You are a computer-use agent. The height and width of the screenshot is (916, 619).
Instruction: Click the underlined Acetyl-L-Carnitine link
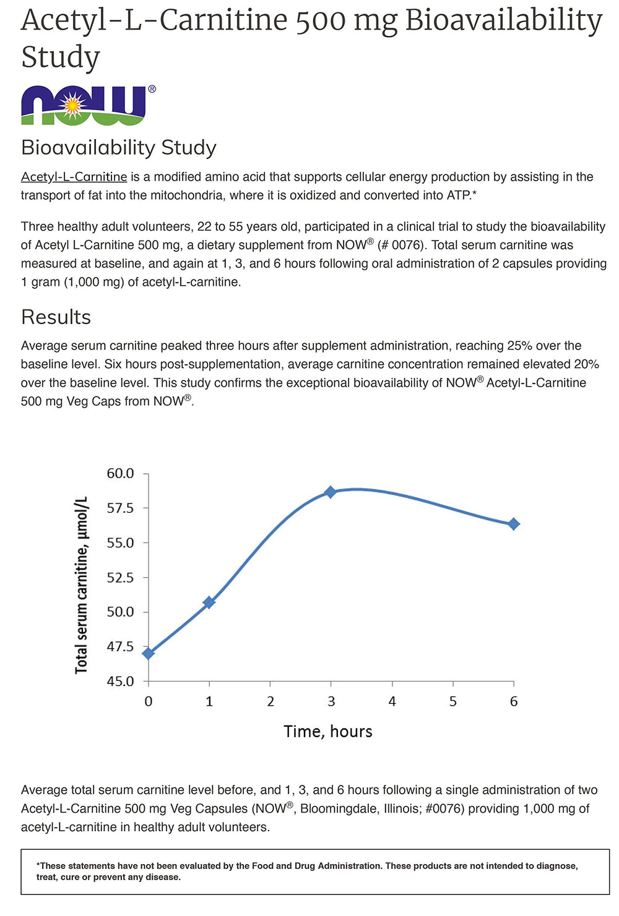74,177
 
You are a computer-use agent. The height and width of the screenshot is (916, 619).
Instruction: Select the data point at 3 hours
331,492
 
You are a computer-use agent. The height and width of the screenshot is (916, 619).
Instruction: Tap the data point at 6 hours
513,524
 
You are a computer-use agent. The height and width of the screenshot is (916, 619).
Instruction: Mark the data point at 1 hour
209,602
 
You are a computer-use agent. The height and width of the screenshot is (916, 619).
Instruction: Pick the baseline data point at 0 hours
149,653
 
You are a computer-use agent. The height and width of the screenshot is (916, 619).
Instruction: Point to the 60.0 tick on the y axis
120,474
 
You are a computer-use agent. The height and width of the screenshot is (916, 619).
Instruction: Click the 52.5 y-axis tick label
120,578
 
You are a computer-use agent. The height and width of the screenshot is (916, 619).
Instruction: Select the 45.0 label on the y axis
120,682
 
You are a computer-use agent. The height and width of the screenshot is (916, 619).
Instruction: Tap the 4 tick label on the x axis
392,701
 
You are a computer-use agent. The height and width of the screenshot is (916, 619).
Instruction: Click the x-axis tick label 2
271,701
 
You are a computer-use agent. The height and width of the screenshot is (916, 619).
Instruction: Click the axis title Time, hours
328,732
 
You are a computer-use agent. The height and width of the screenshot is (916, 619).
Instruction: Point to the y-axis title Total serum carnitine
82,584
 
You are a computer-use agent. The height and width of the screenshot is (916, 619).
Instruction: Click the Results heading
56,317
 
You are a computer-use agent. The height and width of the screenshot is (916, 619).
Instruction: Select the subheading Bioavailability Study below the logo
119,148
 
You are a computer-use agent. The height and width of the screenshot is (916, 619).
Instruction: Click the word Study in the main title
60,58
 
